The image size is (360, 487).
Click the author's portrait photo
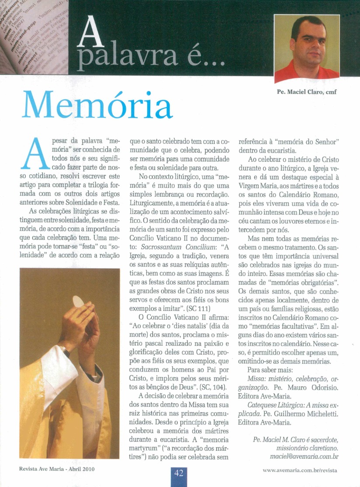307,48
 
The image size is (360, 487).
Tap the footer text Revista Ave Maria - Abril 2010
57,470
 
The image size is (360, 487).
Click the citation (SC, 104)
213,387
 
